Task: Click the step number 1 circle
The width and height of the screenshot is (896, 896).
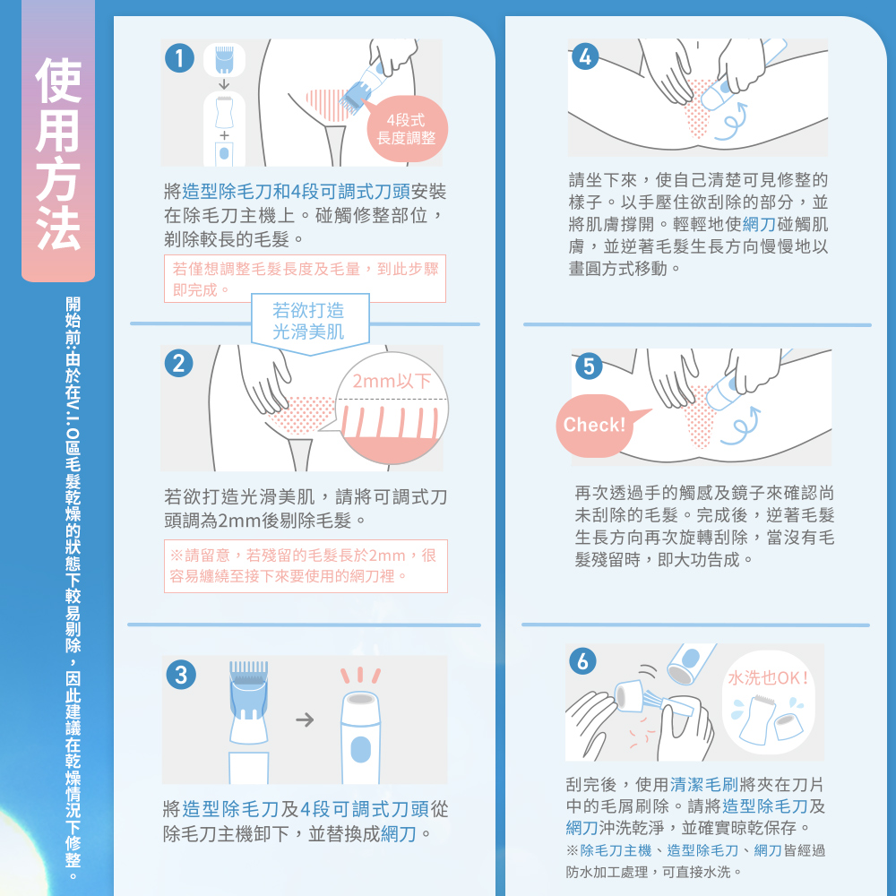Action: pyautogui.click(x=179, y=58)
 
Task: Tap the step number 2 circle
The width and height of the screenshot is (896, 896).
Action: pyautogui.click(x=179, y=364)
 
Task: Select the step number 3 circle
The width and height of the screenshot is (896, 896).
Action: pyautogui.click(x=181, y=675)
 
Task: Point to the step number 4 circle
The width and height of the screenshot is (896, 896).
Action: pyautogui.click(x=584, y=56)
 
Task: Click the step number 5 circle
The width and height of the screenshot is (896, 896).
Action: pyautogui.click(x=589, y=366)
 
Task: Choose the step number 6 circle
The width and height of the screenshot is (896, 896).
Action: pyautogui.click(x=583, y=660)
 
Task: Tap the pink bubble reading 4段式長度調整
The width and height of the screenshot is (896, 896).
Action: pyautogui.click(x=406, y=128)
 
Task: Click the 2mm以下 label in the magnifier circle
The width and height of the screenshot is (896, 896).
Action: pyautogui.click(x=392, y=381)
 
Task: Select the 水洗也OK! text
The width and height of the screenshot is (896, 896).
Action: pyautogui.click(x=769, y=677)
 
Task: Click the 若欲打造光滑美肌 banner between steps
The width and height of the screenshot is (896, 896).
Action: pyautogui.click(x=309, y=321)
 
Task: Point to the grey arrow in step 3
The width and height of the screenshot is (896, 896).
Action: pyautogui.click(x=306, y=719)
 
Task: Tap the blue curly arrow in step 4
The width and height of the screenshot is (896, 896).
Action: pyautogui.click(x=732, y=122)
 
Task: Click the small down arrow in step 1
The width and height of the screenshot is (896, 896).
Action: pyautogui.click(x=224, y=84)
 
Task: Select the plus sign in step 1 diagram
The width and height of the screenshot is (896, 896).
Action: pyautogui.click(x=224, y=135)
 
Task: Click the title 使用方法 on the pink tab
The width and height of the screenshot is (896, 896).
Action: pyautogui.click(x=58, y=153)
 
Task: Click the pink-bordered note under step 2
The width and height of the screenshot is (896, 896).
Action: pyautogui.click(x=306, y=565)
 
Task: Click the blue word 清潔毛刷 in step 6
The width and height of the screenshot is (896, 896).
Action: pyautogui.click(x=704, y=785)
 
